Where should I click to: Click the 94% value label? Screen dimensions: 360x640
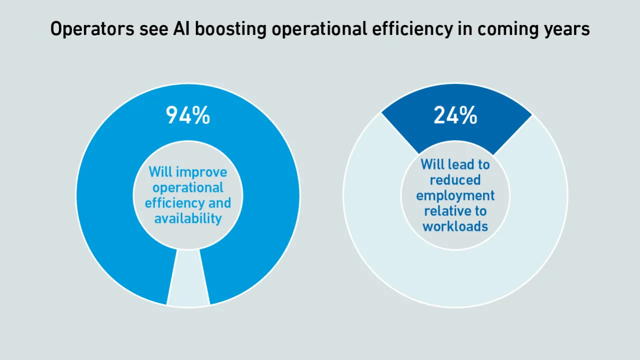coord(188,115)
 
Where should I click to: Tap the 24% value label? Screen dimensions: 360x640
coord(455,115)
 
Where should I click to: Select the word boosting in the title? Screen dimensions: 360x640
coord(230,29)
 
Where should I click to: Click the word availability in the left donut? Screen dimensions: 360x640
coord(188,219)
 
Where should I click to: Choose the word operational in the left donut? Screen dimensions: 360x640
coord(188,188)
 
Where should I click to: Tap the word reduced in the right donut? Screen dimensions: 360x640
coord(455,179)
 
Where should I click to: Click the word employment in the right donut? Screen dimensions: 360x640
coord(455,195)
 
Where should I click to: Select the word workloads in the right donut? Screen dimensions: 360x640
coord(455,226)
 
